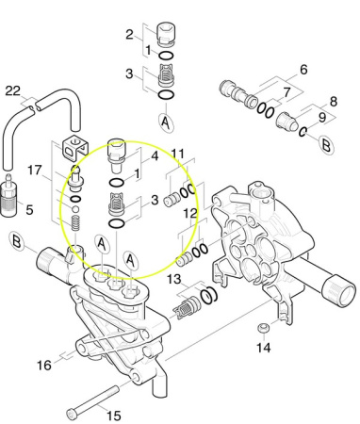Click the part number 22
click(12, 90)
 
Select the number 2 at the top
click(130, 35)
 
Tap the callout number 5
click(27, 210)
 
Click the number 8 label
click(332, 100)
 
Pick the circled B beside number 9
click(327, 146)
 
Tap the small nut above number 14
click(264, 327)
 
